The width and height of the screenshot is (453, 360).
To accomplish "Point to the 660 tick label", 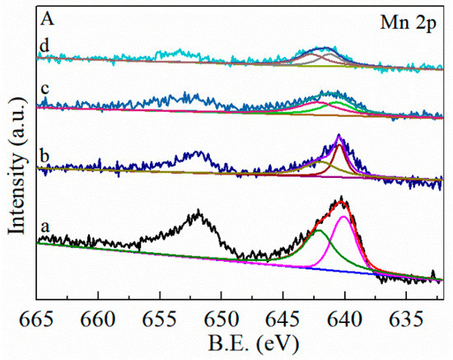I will pos(98,317).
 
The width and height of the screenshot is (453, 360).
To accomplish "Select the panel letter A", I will pos(45,23).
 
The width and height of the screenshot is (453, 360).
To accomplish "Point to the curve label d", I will pos(44,47).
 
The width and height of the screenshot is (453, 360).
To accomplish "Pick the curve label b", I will pos(44,153).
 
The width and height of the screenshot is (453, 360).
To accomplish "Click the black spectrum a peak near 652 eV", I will pos(198,213).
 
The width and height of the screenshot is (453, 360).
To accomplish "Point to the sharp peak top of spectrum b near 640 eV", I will pos(339,136).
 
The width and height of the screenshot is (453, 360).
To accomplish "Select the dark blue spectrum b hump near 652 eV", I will pos(198,153).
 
